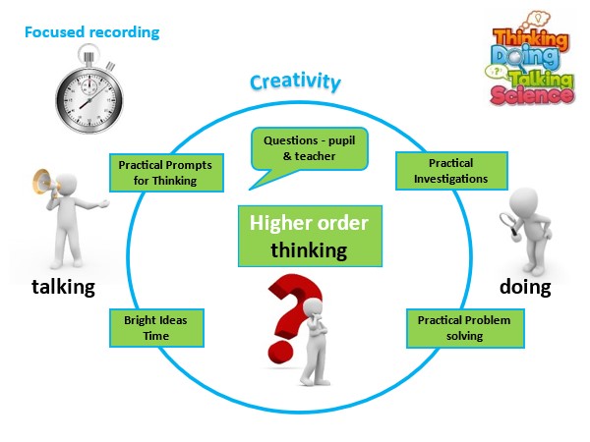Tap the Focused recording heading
[91, 32]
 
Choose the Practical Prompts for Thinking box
[157, 173]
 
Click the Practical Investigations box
[451, 171]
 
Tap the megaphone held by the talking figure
[43, 183]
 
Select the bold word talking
[63, 288]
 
